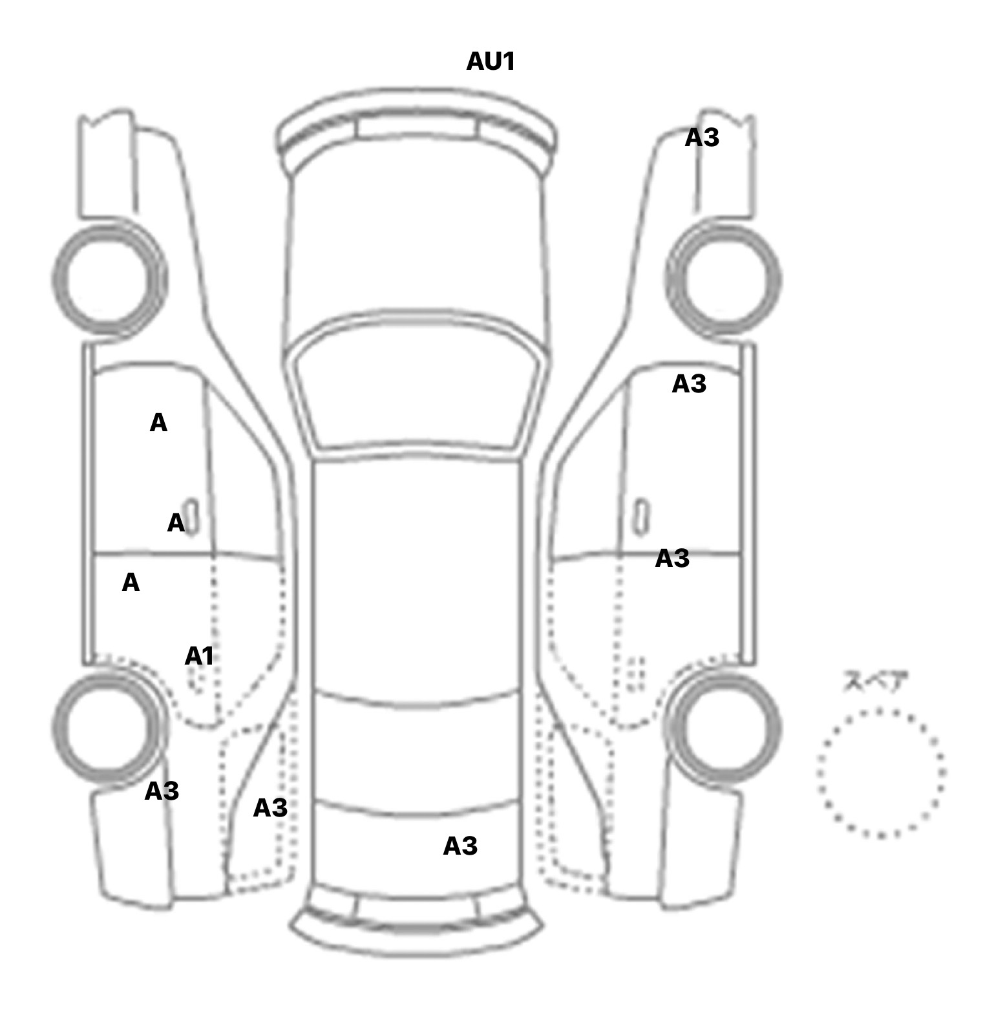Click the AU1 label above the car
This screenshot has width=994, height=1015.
click(490, 61)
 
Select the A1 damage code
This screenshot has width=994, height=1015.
click(198, 656)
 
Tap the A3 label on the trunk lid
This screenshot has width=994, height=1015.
click(460, 846)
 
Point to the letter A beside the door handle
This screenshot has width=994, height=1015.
click(175, 523)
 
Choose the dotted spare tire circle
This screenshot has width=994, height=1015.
click(880, 773)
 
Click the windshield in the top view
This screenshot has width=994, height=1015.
click(418, 388)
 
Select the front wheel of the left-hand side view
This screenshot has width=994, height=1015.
click(109, 279)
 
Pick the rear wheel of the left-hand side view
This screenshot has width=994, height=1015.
click(107, 725)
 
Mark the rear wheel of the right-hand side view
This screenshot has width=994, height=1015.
click(723, 725)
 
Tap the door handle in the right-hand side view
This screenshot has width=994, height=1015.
click(642, 516)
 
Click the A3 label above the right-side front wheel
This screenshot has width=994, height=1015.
click(701, 138)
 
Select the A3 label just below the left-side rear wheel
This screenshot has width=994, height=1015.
click(161, 791)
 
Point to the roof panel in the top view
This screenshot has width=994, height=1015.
click(418, 575)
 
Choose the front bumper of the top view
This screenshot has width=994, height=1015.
click(418, 126)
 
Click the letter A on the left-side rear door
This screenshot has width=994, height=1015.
click(131, 583)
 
